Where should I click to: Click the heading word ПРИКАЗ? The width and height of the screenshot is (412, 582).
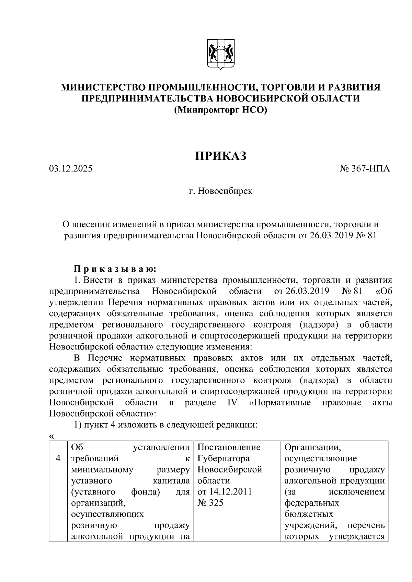[221, 156]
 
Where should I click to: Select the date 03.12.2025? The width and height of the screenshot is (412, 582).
[70, 169]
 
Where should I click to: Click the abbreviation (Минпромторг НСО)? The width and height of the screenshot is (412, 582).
[220, 110]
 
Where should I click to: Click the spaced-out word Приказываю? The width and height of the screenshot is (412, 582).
[115, 269]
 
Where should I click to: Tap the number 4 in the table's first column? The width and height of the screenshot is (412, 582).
[58, 459]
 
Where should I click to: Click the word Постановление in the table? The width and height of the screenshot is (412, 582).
[229, 448]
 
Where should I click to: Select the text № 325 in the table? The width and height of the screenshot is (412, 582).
[210, 503]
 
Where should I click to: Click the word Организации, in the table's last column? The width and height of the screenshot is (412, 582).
[312, 448]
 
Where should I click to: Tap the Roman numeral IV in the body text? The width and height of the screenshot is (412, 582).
[232, 403]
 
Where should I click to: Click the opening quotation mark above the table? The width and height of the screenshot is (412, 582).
[51, 437]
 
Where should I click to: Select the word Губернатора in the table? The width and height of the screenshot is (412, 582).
[224, 459]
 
